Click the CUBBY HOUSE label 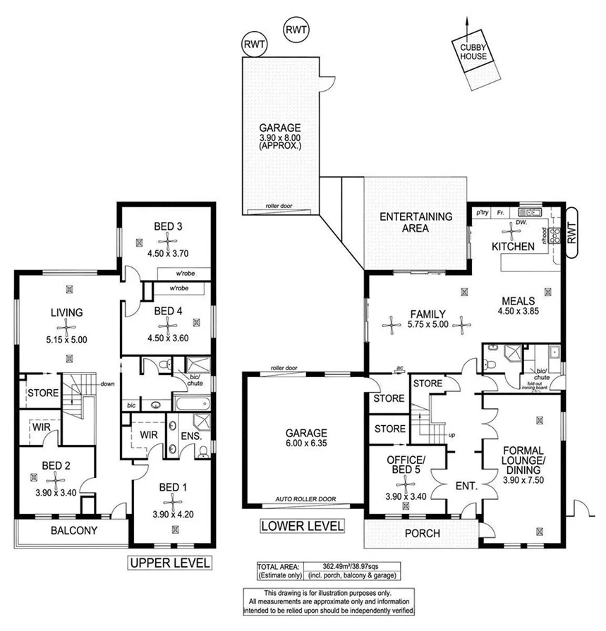click(x=468, y=51)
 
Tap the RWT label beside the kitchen click(x=571, y=232)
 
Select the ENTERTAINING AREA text click(x=416, y=222)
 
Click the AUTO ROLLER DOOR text click(x=305, y=499)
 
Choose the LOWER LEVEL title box click(x=302, y=526)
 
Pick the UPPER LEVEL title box click(x=169, y=563)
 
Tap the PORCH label click(x=422, y=534)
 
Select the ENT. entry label click(x=466, y=486)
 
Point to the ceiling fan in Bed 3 click(x=168, y=241)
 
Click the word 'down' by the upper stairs click(x=107, y=384)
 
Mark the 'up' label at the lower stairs click(x=452, y=435)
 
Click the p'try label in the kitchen click(x=483, y=212)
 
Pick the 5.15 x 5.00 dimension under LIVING click(x=67, y=339)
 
